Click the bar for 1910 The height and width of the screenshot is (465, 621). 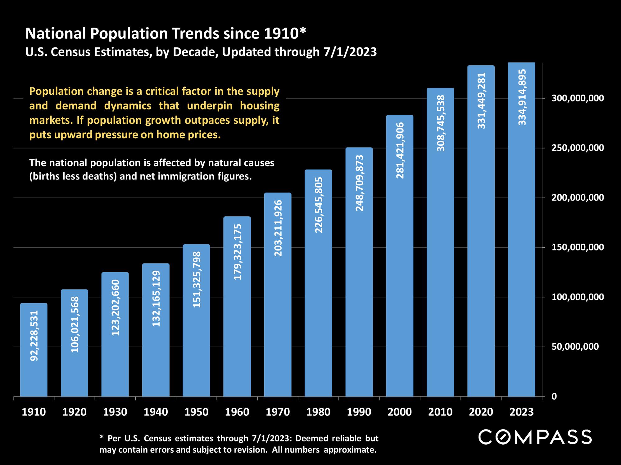point(34,350)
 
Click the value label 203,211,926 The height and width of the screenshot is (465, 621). point(278,228)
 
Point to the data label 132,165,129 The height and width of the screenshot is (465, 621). point(156,299)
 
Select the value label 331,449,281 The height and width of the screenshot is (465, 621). point(481,101)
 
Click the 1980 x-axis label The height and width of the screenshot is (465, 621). point(318,412)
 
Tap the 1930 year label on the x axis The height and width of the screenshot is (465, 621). point(115,412)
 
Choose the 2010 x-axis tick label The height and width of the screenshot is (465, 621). point(440,412)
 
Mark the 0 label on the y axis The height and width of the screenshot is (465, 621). point(554,396)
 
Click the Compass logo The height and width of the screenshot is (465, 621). point(535,437)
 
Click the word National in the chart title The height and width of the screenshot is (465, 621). point(56,33)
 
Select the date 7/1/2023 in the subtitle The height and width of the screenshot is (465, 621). point(350,52)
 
